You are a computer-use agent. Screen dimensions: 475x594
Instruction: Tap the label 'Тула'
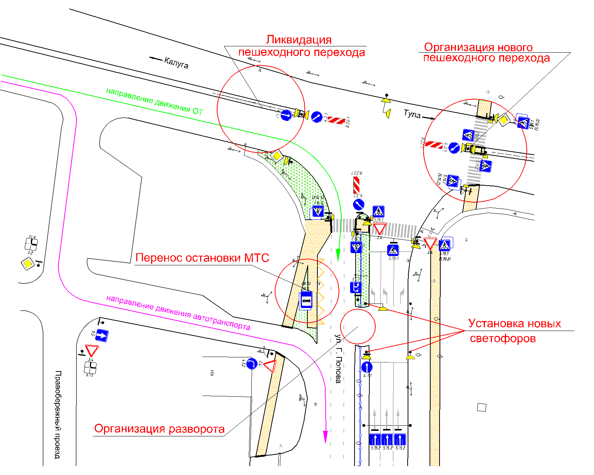(412, 114)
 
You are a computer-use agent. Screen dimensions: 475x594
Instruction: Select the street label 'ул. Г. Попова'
(338, 358)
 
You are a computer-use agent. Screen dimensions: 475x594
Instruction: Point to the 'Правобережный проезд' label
(58, 414)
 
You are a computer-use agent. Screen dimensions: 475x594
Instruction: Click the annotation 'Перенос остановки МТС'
(202, 258)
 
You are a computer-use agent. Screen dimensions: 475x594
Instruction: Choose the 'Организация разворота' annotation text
(159, 429)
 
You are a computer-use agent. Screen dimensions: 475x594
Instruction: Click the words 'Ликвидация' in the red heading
(299, 40)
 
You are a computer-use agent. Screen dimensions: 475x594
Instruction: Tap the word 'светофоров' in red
(503, 338)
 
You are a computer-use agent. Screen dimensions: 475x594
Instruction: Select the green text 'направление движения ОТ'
(154, 101)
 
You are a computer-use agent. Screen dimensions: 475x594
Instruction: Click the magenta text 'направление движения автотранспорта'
(178, 312)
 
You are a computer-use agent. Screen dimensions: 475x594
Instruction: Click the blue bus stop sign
(306, 300)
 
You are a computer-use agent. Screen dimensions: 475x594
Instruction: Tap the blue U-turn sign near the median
(356, 287)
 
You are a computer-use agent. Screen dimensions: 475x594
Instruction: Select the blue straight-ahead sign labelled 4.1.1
(367, 367)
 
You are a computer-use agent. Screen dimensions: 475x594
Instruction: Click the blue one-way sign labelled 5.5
(102, 335)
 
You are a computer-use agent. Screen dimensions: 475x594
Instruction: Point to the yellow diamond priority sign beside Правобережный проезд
(27, 264)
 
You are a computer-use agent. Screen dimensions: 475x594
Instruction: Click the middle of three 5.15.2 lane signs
(387, 439)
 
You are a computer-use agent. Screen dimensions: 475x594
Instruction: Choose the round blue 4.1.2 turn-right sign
(252, 364)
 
